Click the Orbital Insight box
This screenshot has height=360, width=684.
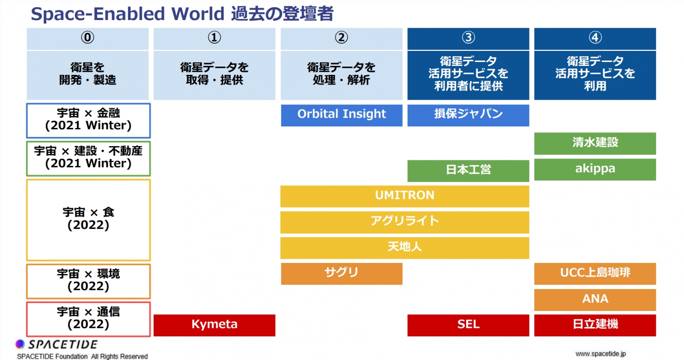(342, 115)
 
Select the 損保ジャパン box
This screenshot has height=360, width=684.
(468, 115)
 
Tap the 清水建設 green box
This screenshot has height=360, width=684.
(595, 143)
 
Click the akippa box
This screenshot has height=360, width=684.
(595, 169)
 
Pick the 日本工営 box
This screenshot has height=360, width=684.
(468, 171)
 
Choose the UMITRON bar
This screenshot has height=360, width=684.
(405, 196)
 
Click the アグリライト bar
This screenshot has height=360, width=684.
(405, 222)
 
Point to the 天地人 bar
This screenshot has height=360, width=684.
(405, 248)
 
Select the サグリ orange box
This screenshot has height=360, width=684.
(342, 274)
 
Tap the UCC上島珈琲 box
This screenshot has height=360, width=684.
(595, 274)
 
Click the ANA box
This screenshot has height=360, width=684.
(595, 300)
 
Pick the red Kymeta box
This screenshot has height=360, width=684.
(214, 325)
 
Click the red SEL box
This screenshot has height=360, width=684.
(468, 325)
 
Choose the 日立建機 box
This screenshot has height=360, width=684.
(595, 325)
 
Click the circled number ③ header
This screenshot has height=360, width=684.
(468, 37)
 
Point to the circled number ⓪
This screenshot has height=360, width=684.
(87, 37)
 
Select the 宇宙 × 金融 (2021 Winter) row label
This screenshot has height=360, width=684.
(88, 120)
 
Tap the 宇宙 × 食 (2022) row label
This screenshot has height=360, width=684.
(88, 220)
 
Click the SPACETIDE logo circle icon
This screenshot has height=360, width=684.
(20, 344)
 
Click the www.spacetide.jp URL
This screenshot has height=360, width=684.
(600, 354)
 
